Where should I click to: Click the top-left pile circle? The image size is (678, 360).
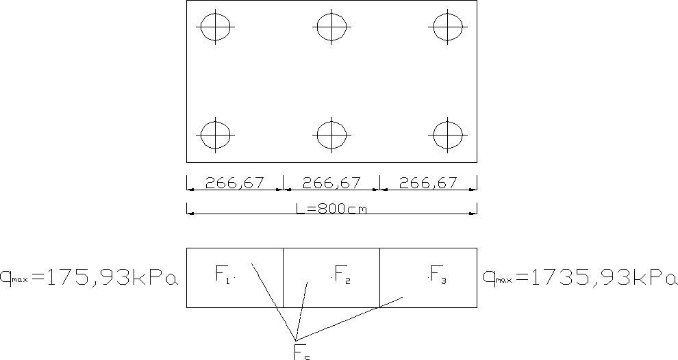(216, 27)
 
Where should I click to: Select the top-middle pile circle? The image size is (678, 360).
(332, 27)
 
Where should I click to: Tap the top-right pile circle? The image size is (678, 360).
(448, 27)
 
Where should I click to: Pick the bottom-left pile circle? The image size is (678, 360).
(216, 133)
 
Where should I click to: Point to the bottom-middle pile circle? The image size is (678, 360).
(332, 133)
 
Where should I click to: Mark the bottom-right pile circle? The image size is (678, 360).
(448, 133)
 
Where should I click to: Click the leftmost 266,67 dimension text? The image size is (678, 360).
(235, 183)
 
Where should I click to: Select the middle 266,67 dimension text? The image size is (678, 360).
(331, 183)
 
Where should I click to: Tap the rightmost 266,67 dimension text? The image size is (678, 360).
(428, 183)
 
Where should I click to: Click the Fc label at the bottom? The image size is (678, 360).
(302, 352)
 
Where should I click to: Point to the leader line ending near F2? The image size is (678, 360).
(301, 311)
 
